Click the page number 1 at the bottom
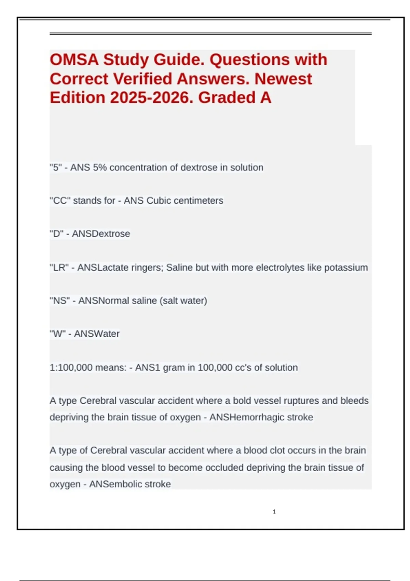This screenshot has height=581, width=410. tap(274, 512)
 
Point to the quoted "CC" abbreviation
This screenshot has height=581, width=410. tap(60, 201)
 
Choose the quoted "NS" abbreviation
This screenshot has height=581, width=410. tap(60, 301)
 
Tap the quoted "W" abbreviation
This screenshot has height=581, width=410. tap(57, 334)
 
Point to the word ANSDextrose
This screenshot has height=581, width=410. tap(101, 234)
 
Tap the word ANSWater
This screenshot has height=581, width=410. tap(97, 334)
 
